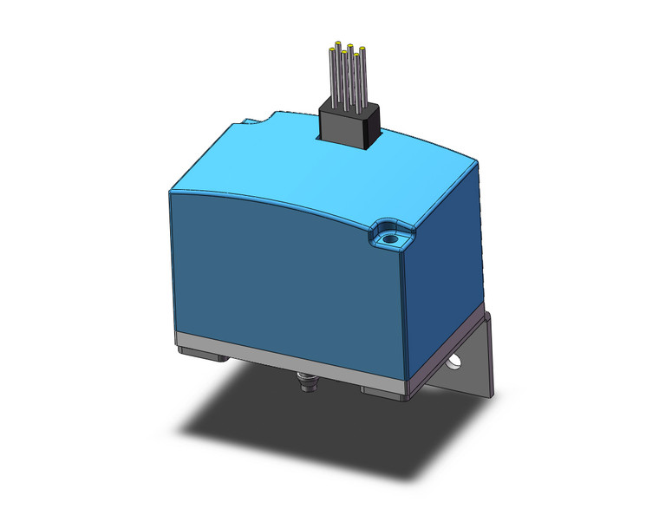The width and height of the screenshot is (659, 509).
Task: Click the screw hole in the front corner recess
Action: coord(389,236)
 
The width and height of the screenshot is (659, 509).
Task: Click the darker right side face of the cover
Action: coord(447,260)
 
